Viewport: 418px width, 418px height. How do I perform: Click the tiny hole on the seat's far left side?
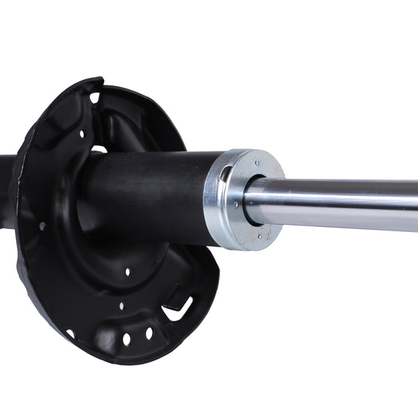point(42,226)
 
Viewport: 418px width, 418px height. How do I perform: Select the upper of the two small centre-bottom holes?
point(128,272)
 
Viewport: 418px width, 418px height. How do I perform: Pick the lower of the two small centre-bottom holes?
point(121,306)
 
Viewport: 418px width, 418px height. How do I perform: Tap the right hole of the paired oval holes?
point(149,333)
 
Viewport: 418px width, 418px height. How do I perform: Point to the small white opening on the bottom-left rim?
point(70,333)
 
